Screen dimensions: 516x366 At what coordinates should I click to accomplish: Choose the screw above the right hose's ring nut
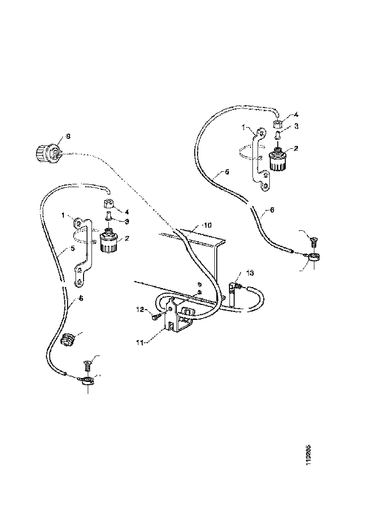pos(314,242)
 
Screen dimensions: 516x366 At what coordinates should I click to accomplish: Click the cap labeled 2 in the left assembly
pos(110,242)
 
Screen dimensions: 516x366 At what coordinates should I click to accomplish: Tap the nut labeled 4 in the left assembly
pos(109,205)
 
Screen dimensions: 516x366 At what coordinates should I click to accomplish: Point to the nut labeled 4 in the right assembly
pos(278,124)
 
